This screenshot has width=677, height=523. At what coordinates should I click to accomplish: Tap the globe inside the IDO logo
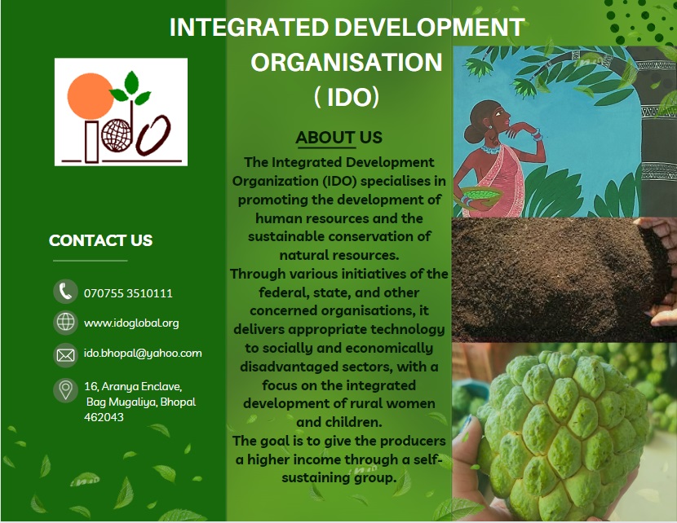(116, 135)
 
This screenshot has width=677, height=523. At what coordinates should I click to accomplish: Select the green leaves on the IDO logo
(130, 88)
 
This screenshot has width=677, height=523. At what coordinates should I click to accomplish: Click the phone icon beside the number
(65, 292)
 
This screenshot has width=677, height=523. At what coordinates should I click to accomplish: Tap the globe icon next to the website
(65, 322)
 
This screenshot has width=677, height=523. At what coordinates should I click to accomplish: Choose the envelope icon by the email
(65, 355)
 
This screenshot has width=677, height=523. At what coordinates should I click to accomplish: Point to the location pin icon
(65, 391)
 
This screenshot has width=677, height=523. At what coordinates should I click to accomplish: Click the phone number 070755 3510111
(128, 293)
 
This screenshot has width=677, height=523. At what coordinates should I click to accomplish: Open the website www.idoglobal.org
(131, 323)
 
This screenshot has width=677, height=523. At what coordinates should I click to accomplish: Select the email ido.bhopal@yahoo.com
(143, 353)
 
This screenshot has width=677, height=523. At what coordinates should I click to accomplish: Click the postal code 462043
(104, 417)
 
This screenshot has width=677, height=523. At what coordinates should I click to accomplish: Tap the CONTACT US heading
(100, 240)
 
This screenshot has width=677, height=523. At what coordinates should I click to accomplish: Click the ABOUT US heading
(339, 138)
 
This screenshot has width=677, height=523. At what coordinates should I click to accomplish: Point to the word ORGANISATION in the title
(347, 62)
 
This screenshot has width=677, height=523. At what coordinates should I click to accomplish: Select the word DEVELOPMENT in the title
(430, 27)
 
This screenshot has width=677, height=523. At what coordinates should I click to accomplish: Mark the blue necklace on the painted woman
(491, 149)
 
